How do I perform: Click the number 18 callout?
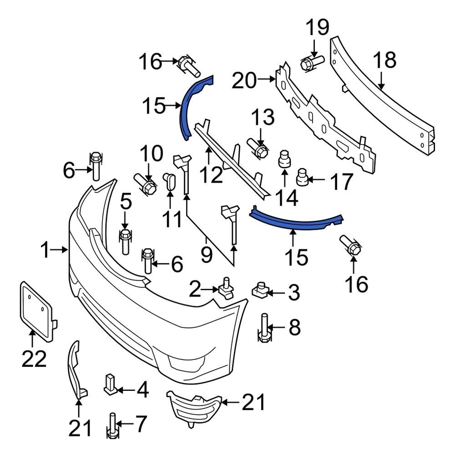(384, 61)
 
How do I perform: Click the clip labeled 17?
(303, 177)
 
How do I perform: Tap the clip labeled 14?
(284, 160)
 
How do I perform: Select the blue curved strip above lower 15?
(296, 217)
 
